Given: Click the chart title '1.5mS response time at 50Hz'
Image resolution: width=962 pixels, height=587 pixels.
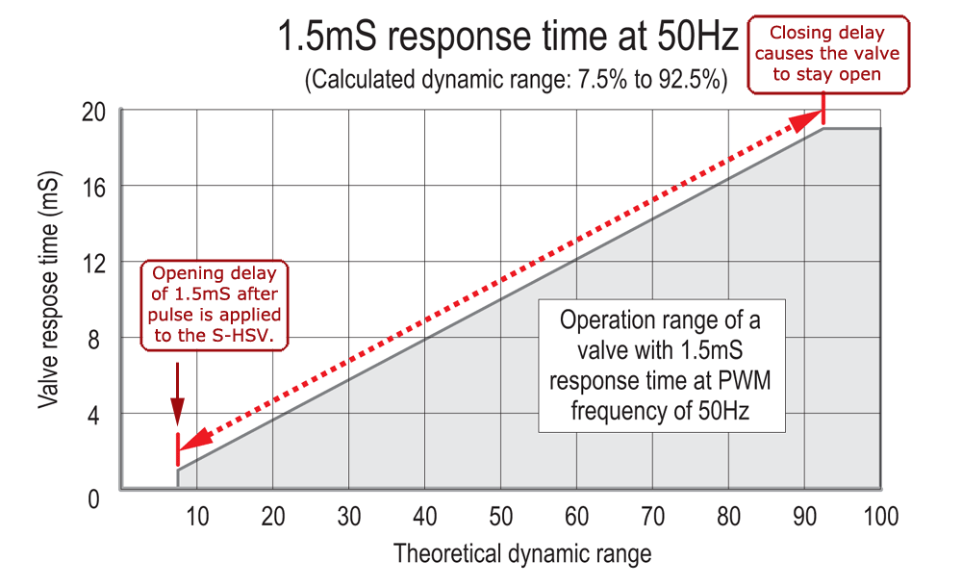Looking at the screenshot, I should click(x=507, y=38).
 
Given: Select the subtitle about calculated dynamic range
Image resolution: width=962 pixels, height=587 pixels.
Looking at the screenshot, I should click(x=515, y=81).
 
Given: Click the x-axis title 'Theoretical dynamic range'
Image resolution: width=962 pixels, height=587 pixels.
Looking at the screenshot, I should click(x=521, y=553).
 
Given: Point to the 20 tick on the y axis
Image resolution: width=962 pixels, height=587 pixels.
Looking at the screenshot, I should click(x=92, y=112).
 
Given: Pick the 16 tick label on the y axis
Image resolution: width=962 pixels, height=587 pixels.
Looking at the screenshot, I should click(x=92, y=186).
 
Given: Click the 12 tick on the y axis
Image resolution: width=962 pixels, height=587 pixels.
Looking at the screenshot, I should click(x=92, y=262).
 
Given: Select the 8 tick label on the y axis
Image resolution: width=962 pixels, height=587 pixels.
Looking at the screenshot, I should click(x=96, y=338).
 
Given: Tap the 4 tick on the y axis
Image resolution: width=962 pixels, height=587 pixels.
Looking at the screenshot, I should click(x=96, y=415).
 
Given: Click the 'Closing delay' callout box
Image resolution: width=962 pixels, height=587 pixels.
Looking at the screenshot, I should click(x=826, y=54).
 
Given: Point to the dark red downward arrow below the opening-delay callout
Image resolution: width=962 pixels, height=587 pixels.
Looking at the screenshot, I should click(x=177, y=395).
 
